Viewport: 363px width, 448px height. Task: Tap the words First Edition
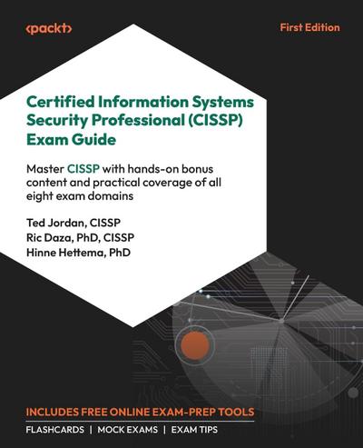coord(309,27)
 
